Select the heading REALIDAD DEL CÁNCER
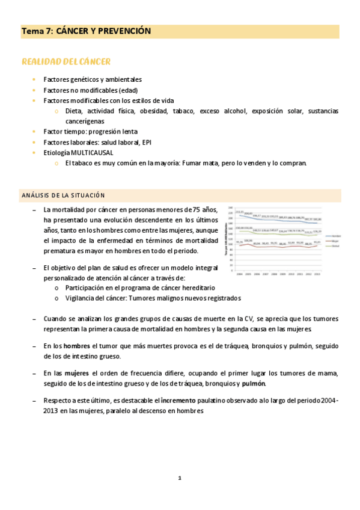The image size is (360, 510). (x=66, y=62)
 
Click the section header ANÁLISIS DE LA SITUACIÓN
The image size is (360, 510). (x=63, y=195)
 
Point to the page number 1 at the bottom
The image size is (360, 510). (x=180, y=478)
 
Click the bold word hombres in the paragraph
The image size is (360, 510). (x=76, y=346)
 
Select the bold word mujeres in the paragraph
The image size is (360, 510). (x=76, y=373)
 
